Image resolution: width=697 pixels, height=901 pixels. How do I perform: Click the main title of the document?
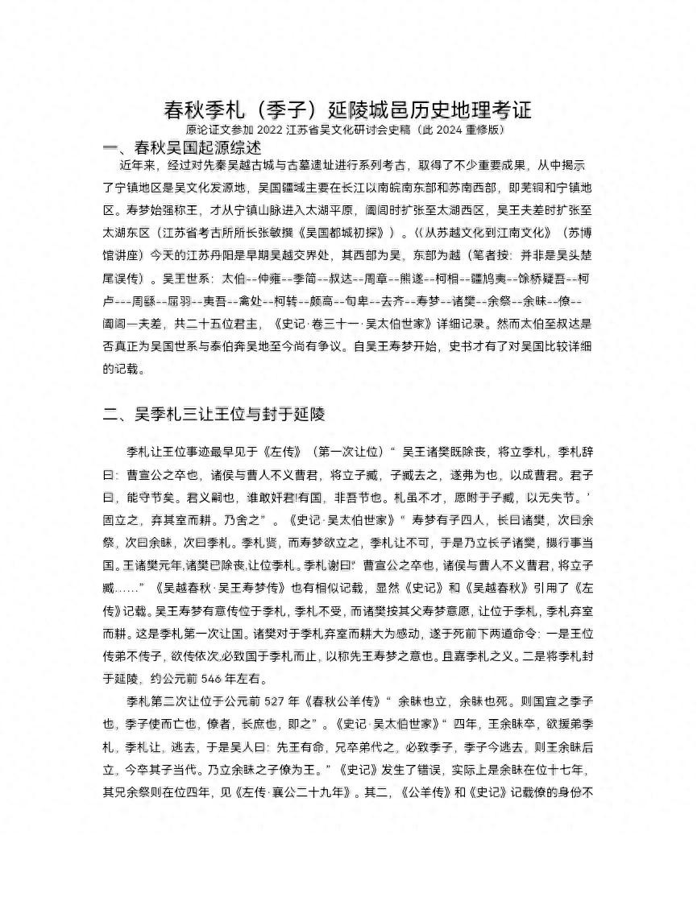click(348, 110)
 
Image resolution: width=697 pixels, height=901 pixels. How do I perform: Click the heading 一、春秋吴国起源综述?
click(182, 148)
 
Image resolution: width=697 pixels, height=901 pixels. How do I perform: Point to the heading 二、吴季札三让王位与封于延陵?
click(214, 415)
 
